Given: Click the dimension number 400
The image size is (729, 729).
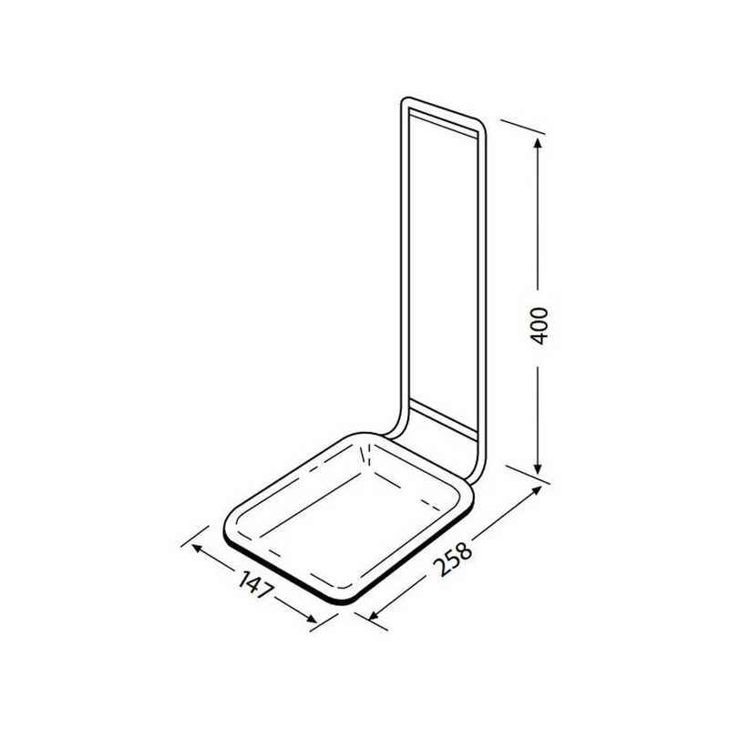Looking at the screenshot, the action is (539, 325).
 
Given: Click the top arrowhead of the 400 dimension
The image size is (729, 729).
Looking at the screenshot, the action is (538, 143).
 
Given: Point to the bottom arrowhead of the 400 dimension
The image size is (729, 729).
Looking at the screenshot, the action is (538, 469).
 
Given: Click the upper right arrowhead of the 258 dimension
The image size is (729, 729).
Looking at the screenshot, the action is (537, 490).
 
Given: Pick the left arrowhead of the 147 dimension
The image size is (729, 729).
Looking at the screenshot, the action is (197, 549).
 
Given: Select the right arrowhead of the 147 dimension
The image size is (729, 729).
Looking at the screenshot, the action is (312, 619).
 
